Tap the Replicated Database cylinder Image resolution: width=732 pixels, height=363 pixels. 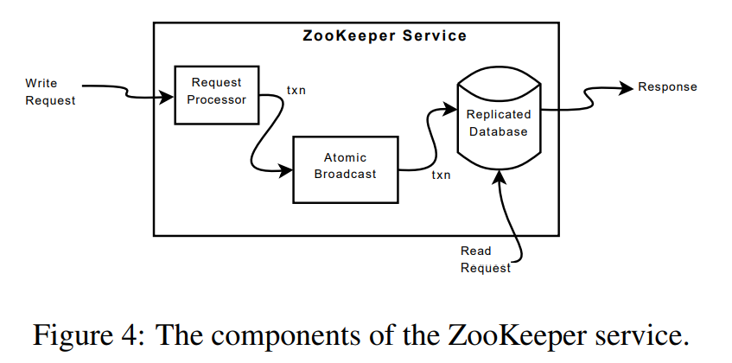click(498, 121)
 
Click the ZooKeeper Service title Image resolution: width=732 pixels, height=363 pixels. click(385, 36)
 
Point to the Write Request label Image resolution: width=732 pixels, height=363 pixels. click(50, 92)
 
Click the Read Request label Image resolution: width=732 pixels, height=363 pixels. click(484, 259)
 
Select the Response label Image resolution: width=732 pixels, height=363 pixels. click(667, 87)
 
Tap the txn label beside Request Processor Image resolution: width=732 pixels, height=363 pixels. click(296, 90)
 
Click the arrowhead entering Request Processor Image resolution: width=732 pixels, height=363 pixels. click(168, 97)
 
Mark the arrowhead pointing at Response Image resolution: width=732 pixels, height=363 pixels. click(626, 87)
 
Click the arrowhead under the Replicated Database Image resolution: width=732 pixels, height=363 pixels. click(500, 177)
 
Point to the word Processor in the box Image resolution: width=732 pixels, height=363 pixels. click(217, 99)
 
